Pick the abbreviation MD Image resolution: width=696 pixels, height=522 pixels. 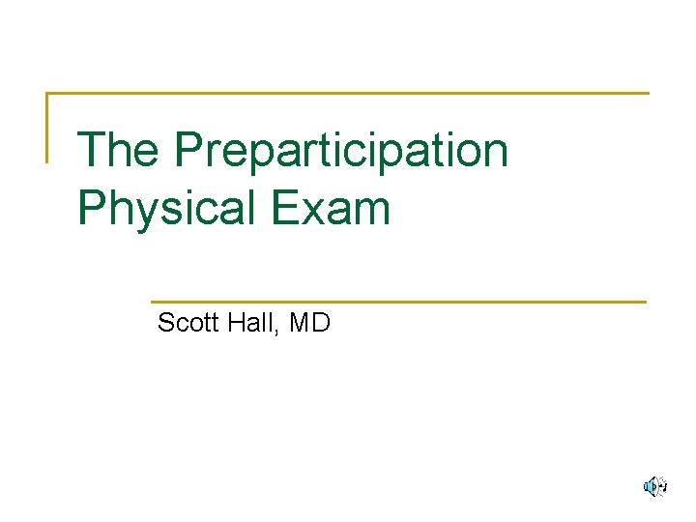(309, 322)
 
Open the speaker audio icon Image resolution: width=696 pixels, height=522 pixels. (655, 486)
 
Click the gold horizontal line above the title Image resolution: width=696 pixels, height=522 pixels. (348, 94)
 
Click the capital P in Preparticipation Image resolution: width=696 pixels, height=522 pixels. (190, 151)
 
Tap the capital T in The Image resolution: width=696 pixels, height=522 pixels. (92, 151)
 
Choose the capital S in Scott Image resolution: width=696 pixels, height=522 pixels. (166, 322)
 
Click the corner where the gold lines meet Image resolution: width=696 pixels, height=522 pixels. (47, 94)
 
